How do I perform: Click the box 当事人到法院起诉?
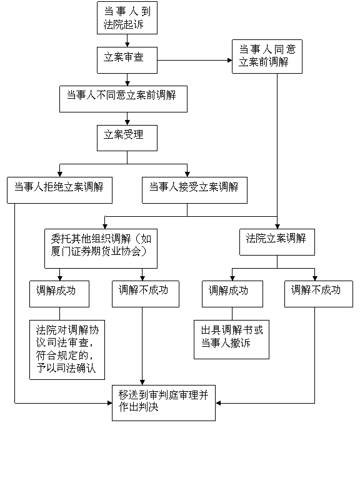127,17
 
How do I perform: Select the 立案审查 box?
127,60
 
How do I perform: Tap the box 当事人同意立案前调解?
267,56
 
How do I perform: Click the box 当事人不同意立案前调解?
123,99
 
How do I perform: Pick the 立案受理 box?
127,138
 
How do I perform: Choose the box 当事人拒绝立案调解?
59,190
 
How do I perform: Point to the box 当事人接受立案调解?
194,190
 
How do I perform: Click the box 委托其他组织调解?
101,248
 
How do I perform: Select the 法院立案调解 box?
277,242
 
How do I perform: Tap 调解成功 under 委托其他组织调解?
59,294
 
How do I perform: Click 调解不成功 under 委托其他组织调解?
146,294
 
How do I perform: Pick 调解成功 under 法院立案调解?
232,294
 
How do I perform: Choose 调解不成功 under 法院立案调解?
318,294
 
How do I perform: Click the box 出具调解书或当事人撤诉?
231,339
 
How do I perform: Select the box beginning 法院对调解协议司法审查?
67,350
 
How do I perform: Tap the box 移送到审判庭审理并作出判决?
164,403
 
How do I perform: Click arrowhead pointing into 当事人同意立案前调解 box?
229,61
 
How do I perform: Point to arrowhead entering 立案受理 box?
127,122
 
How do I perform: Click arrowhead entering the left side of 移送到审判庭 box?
110,403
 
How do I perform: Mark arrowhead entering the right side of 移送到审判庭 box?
218,403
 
